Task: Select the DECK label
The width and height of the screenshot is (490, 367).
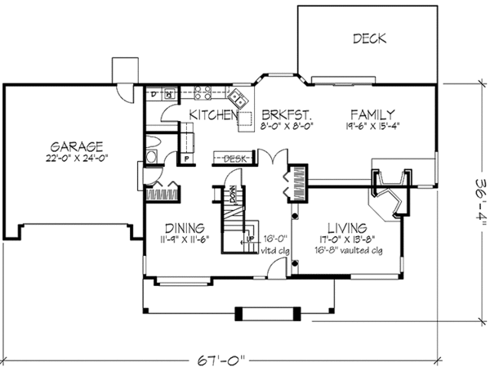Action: pos(369,38)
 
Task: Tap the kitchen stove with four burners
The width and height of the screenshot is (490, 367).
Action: pos(203,93)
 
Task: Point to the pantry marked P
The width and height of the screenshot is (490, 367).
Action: pos(186,159)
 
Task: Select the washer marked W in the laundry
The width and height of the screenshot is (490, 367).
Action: pos(170,95)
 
